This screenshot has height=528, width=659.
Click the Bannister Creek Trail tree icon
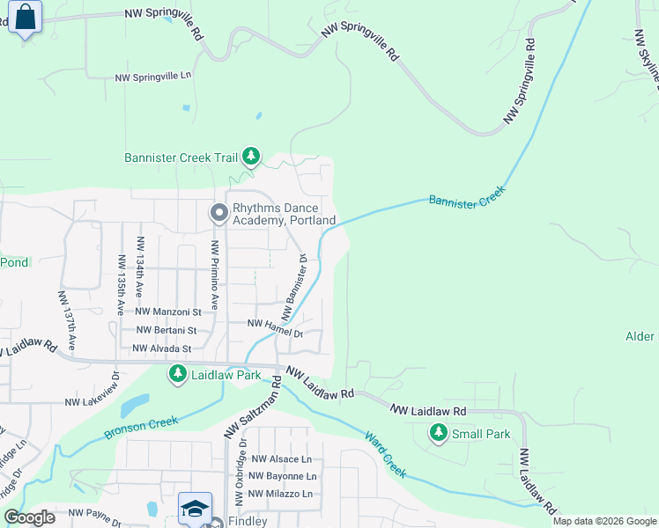[x=252, y=157]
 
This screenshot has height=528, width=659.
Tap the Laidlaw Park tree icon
[x=177, y=375]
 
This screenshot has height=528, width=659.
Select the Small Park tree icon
[x=438, y=433]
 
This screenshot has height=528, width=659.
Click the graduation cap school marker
[x=195, y=509]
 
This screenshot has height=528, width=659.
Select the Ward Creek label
[x=386, y=453]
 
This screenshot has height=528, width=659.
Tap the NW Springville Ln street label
[x=153, y=77]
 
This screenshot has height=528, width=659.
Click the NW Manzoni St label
[x=168, y=312]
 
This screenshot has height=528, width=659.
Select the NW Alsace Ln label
[x=281, y=458]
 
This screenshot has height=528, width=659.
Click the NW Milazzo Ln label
[x=282, y=494]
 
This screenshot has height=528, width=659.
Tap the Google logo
[x=30, y=517]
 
